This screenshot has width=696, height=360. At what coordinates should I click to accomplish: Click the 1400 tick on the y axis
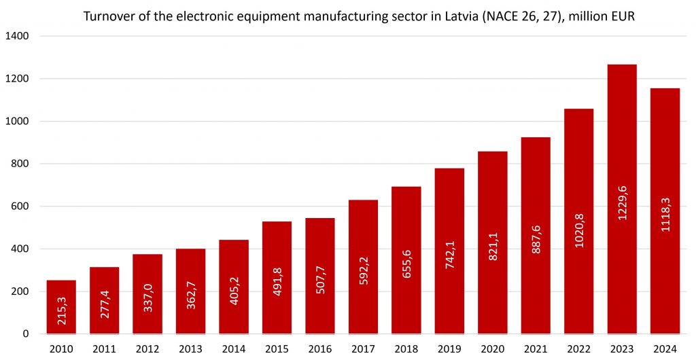pos(18,36)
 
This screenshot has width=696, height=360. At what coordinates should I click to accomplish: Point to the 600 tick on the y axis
pos(21,206)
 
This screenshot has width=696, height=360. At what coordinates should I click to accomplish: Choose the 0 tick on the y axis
pos(27,334)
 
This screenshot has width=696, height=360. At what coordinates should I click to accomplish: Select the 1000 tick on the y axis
pos(18,122)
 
